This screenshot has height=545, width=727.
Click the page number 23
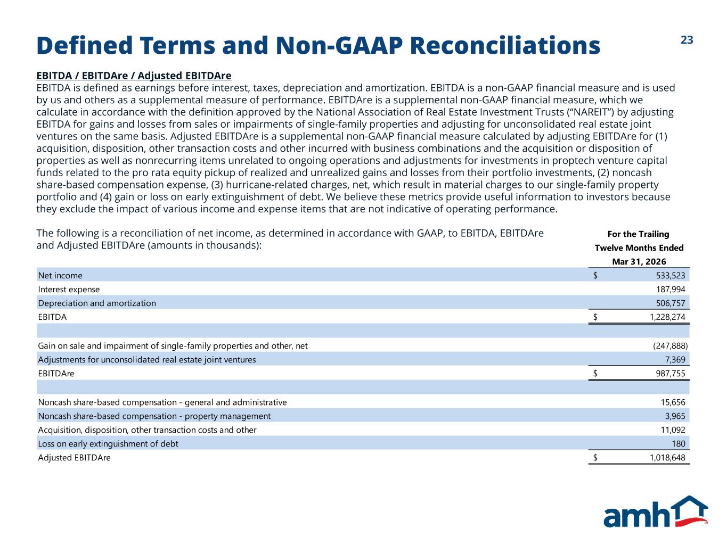[x=687, y=40]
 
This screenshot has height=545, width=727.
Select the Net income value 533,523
[x=671, y=275]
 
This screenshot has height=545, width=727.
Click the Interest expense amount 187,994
[x=671, y=289]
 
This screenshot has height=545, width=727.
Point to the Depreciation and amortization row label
[x=97, y=303]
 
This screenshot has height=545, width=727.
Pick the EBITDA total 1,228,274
[x=667, y=317]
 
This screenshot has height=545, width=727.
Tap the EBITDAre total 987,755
[x=671, y=374]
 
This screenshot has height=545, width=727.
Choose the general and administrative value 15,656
[x=673, y=402]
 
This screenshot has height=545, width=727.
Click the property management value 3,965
[x=675, y=416]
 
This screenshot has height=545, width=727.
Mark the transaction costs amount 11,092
[x=673, y=430]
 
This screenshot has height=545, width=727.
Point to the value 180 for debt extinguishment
[x=679, y=444]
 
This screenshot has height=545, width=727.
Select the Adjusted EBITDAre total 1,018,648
[x=667, y=458]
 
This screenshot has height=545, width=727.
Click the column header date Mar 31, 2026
[x=639, y=262]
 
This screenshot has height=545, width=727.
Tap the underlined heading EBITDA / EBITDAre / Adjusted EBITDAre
[x=134, y=76]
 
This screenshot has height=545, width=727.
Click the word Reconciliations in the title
[x=505, y=45]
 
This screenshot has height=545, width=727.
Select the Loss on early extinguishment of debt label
[x=108, y=444]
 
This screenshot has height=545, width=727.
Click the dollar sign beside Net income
[x=595, y=275]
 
